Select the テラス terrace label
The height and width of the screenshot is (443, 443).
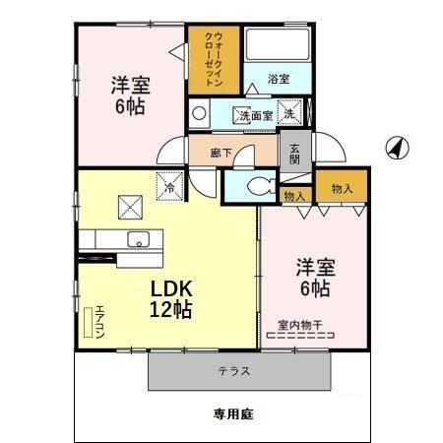pyautogui.click(x=233, y=371)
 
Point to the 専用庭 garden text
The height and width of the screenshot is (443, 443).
pyautogui.click(x=234, y=414)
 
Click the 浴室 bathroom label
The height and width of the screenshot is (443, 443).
pyautogui.click(x=279, y=79)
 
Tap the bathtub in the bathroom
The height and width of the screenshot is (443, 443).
pyautogui.click(x=279, y=46)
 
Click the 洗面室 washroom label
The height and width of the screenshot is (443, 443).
pyautogui.click(x=253, y=115)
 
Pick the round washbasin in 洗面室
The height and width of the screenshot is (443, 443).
pyautogui.click(x=200, y=112)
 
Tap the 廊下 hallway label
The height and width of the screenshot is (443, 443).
pyautogui.click(x=221, y=153)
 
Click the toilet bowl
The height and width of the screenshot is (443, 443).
pyautogui.click(x=258, y=185)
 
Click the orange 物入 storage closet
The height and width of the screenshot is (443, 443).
pyautogui.click(x=343, y=188)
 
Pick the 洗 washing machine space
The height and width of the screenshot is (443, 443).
pyautogui.click(x=290, y=113)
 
